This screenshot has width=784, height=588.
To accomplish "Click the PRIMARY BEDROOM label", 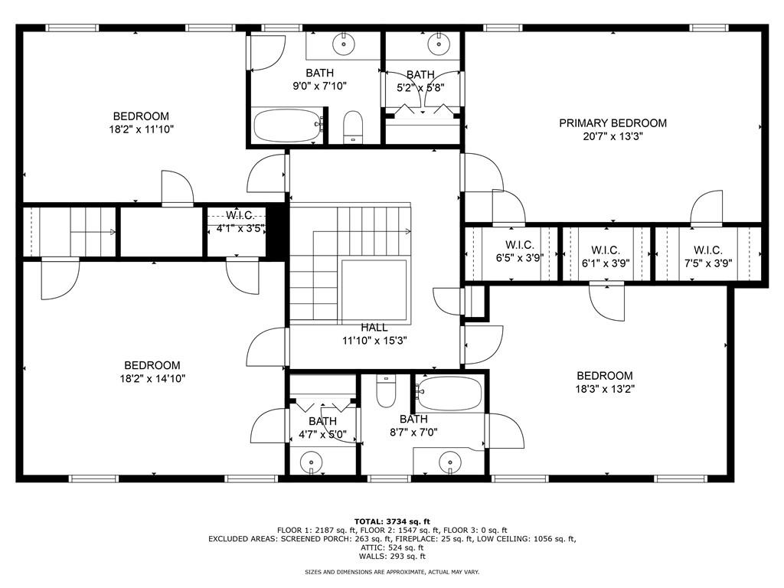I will (x=612, y=123).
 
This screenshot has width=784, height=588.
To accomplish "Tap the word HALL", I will (x=374, y=328).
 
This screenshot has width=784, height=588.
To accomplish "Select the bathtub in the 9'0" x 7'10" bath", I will (x=286, y=124).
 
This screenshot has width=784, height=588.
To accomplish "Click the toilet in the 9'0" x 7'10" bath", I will (x=352, y=126).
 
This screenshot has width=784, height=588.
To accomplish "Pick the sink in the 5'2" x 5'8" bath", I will (x=440, y=43).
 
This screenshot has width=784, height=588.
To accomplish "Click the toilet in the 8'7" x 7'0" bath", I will (x=387, y=391).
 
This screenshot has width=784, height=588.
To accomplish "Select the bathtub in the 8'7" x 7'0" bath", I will (x=449, y=394).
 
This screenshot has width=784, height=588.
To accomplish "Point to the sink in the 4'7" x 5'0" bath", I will (x=312, y=462).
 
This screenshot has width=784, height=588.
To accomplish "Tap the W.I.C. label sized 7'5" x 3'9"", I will (x=707, y=250).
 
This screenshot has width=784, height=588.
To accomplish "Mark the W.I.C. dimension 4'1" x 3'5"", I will (x=240, y=227).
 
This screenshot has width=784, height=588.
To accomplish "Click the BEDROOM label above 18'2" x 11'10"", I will (x=141, y=116).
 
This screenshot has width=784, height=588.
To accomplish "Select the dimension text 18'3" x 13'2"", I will (x=605, y=388).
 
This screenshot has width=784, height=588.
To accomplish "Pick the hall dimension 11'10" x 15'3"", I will (x=374, y=341).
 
